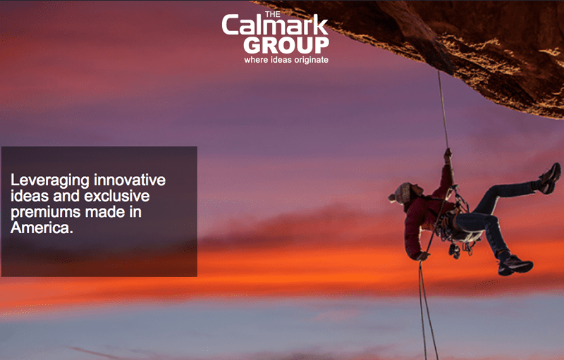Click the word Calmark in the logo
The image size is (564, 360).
point(275,26)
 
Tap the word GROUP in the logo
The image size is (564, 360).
point(286,45)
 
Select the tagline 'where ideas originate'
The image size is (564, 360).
point(286,60)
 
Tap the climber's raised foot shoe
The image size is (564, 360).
point(550,178)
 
